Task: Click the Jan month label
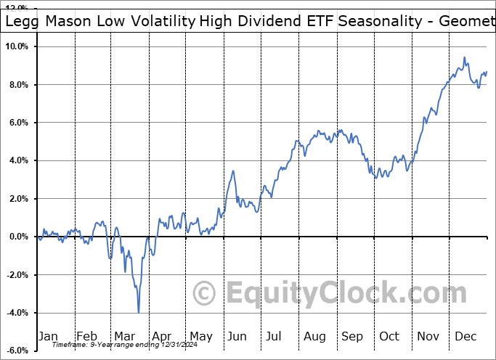point(48,336)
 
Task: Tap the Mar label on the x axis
point(124,336)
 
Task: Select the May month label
point(200,336)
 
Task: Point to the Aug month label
point(314,336)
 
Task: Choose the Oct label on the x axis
point(390,336)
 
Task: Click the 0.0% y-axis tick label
point(18,237)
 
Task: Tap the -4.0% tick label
point(17,313)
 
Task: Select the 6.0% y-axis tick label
point(18,123)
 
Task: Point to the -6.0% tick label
point(17,351)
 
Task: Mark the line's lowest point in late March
point(138,312)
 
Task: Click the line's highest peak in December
point(464,58)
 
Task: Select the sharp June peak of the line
point(233,171)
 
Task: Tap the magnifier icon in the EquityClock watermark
point(206,293)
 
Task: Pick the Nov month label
point(428,336)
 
